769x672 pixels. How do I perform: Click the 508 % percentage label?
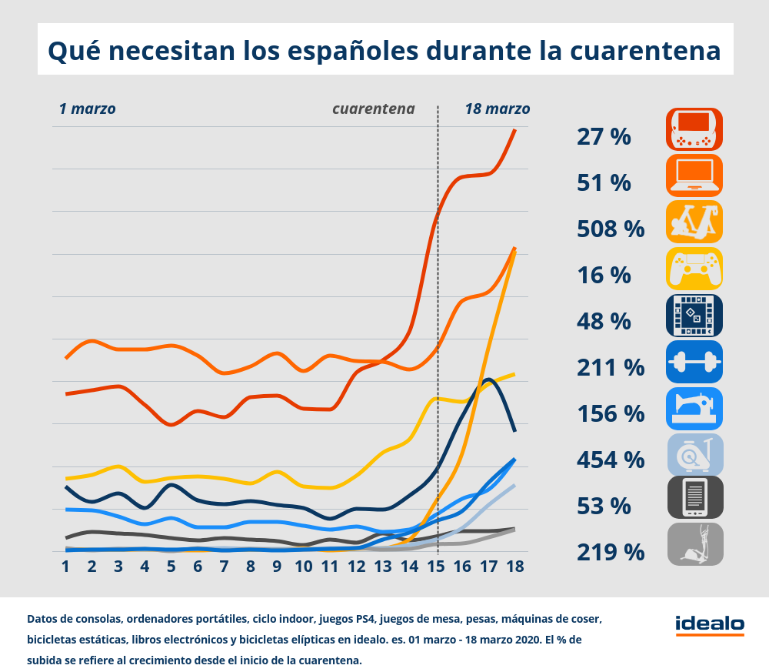coord(610,229)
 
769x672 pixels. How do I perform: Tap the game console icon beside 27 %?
coord(694,129)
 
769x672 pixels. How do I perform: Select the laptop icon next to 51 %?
coord(694,176)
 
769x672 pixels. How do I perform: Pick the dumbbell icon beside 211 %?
coord(694,362)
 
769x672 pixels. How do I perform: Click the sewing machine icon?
coord(694,409)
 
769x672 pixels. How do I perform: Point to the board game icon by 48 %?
coord(694,315)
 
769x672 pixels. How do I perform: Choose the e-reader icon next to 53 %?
coord(694,496)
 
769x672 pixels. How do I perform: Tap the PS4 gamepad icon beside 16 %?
coord(694,269)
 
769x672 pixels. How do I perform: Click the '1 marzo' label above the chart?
coord(87,109)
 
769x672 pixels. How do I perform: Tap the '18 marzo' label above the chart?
coord(497,109)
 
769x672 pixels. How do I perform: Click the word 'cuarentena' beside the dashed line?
coord(373,109)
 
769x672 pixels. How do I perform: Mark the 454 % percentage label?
coord(610,460)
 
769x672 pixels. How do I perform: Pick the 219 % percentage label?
coord(610,552)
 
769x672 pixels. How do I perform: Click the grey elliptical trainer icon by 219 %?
coord(694,544)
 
